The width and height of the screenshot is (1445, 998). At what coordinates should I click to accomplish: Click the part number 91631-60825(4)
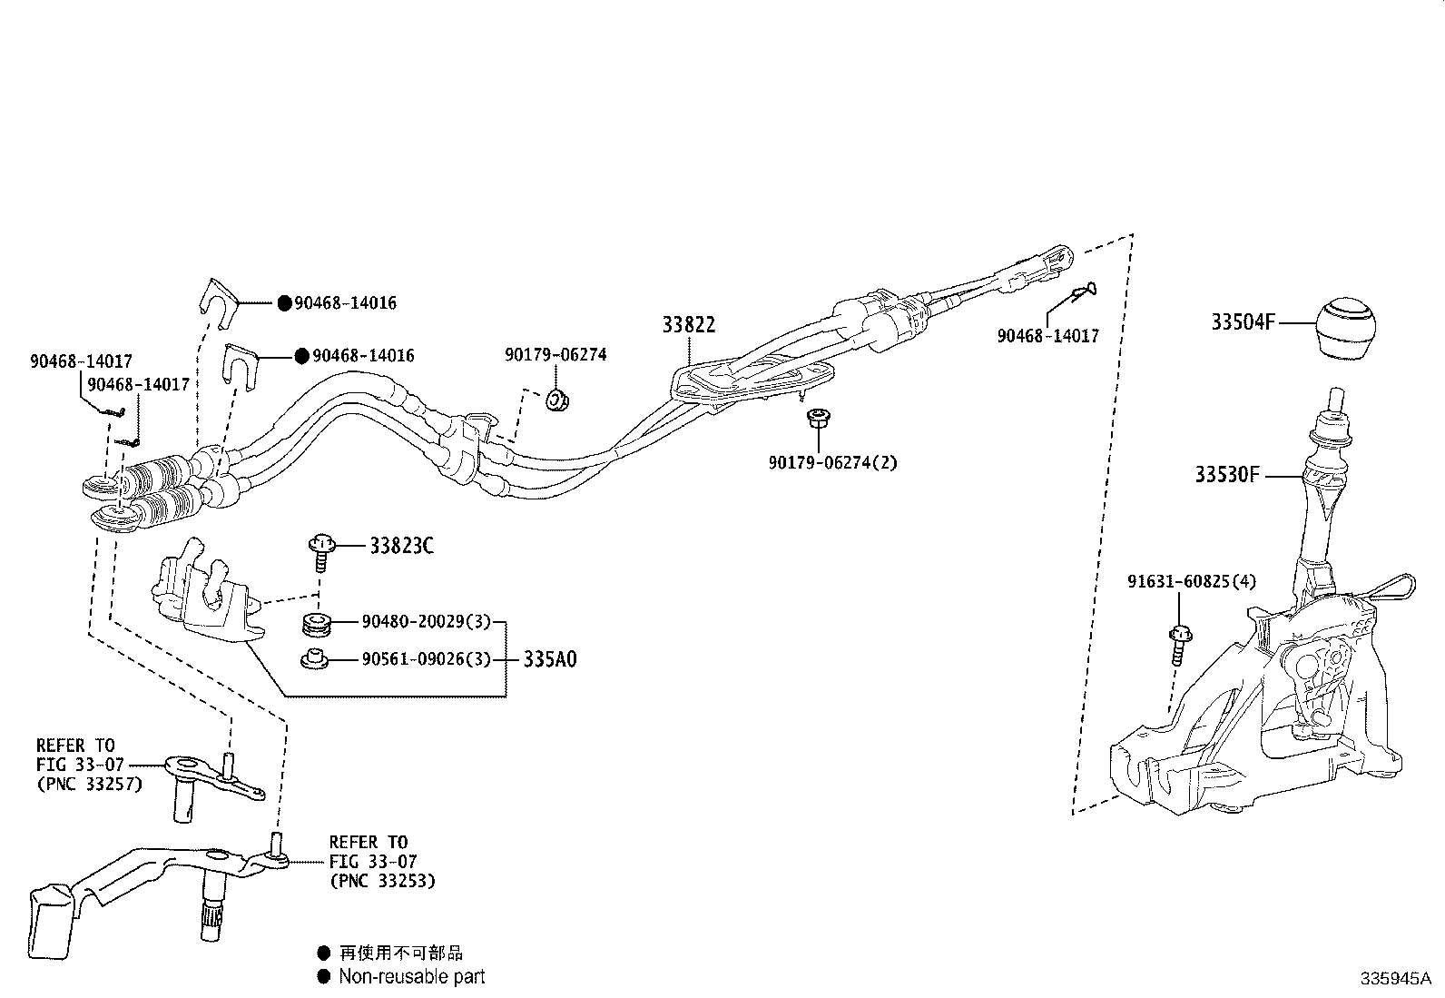1192,581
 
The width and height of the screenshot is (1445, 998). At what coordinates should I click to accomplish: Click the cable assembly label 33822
688,325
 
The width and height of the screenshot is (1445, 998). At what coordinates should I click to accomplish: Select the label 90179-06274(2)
831,462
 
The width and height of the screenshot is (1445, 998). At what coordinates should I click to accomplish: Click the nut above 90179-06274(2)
815,420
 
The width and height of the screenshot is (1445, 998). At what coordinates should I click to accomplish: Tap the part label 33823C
401,546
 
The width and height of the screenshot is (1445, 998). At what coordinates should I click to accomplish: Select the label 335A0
549,659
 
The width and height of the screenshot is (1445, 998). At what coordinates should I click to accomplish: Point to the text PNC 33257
90,784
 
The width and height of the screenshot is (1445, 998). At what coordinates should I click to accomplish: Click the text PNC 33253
381,880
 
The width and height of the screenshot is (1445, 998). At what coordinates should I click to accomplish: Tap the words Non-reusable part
411,976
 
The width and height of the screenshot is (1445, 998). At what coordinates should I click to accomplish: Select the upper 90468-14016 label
345,303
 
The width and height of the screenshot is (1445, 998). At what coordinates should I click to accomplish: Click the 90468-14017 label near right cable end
1047,336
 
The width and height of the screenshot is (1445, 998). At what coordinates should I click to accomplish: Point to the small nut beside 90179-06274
556,399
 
